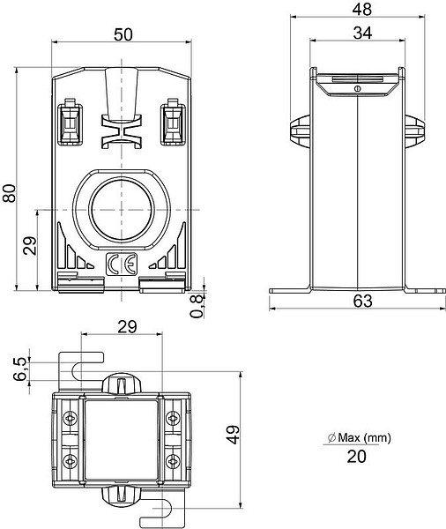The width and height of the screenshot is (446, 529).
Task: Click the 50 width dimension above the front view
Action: [123, 34]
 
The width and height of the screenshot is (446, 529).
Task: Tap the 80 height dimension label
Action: [9, 193]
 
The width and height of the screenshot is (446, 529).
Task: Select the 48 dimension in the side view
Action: [362, 10]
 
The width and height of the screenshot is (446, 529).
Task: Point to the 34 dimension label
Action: [362, 34]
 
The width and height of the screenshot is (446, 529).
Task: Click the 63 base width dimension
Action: [363, 301]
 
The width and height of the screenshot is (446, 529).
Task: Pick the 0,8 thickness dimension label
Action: [197, 306]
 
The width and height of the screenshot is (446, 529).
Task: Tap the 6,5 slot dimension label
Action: [19, 369]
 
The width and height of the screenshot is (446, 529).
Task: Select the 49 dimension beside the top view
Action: [233, 435]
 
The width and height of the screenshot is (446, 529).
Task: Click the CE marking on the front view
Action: [122, 264]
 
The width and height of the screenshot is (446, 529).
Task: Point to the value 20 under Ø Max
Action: [357, 457]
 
